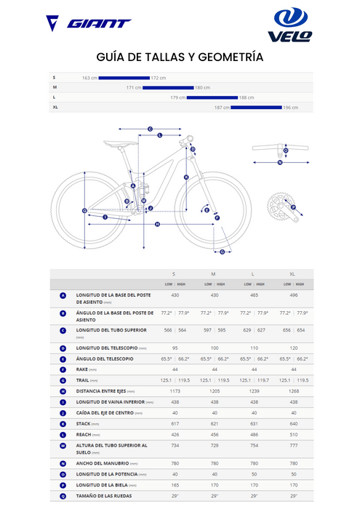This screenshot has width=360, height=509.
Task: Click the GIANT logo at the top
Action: (x=88, y=23)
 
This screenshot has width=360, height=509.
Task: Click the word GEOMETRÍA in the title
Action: (x=223, y=57)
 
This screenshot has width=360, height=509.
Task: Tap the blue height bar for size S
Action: (x=124, y=77)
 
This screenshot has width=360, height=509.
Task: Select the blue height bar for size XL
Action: (x=256, y=108)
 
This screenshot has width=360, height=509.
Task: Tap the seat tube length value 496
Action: (x=292, y=294)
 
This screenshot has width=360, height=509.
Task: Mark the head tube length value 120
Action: (x=292, y=348)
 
